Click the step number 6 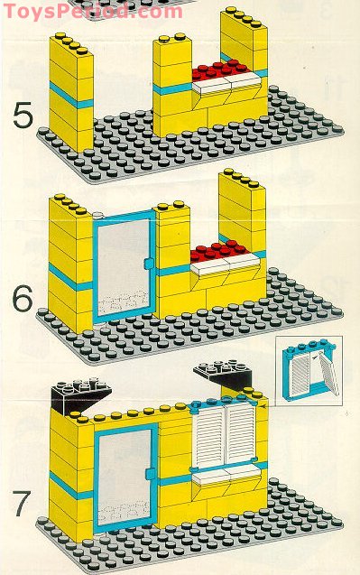[23, 297]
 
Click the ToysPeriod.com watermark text [90, 11]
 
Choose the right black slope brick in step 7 [225, 374]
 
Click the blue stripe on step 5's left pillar [69, 96]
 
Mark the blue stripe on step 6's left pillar [70, 276]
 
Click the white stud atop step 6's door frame [97, 215]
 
